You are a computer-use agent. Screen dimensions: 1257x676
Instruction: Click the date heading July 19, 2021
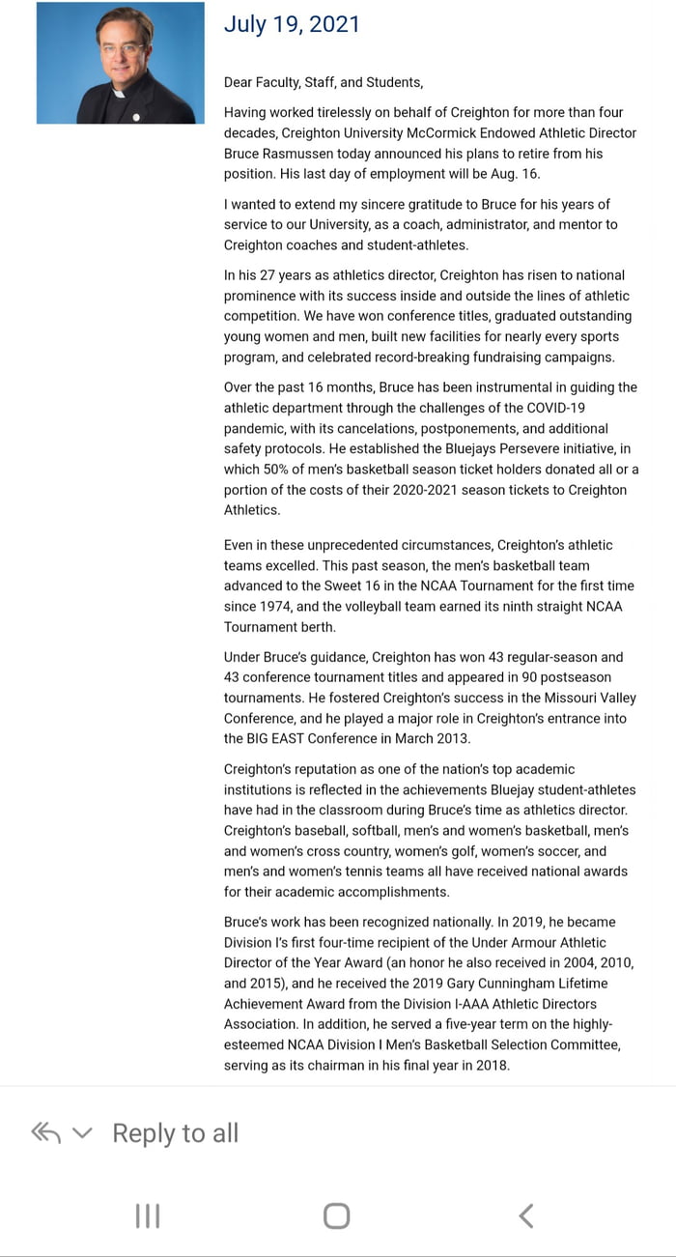292,24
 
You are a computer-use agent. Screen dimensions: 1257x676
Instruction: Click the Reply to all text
175,1133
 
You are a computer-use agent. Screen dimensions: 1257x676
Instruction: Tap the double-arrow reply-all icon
46,1133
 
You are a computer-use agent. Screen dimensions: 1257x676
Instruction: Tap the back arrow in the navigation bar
525,1215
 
